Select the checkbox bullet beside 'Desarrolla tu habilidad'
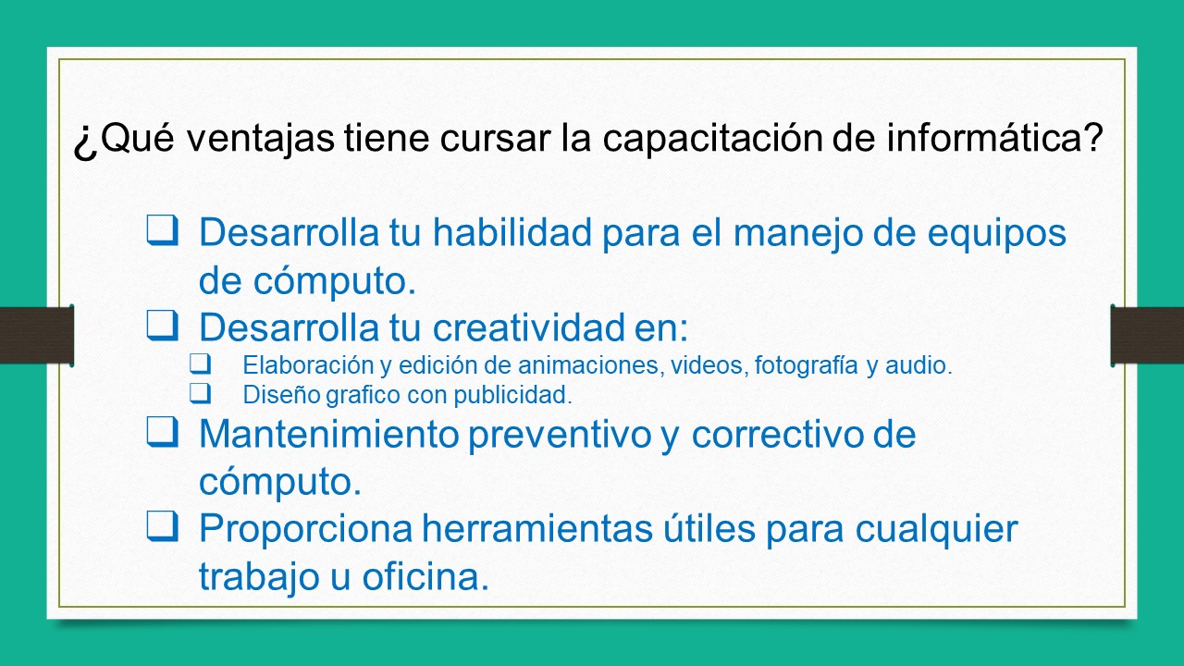162,230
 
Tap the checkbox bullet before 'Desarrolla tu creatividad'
162,325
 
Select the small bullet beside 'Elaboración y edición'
200,364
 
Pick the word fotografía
807,365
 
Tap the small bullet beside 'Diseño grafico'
200,393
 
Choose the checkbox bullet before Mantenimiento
162,432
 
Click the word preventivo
559,435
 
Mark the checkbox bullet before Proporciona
162,526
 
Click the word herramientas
521,529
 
